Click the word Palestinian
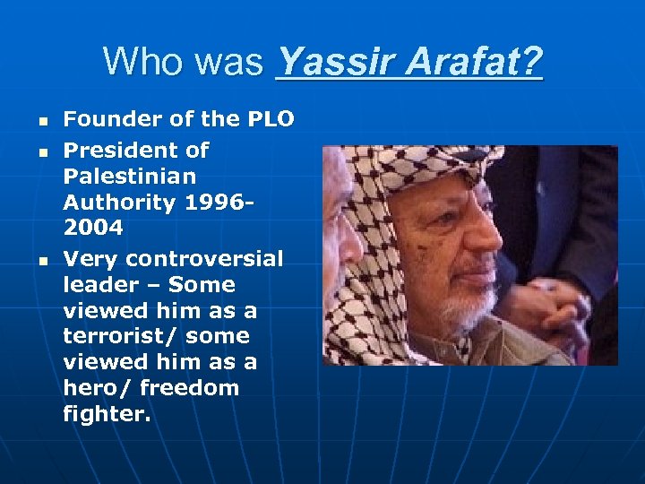(x=130, y=176)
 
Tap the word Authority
(x=119, y=203)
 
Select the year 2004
(x=93, y=228)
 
